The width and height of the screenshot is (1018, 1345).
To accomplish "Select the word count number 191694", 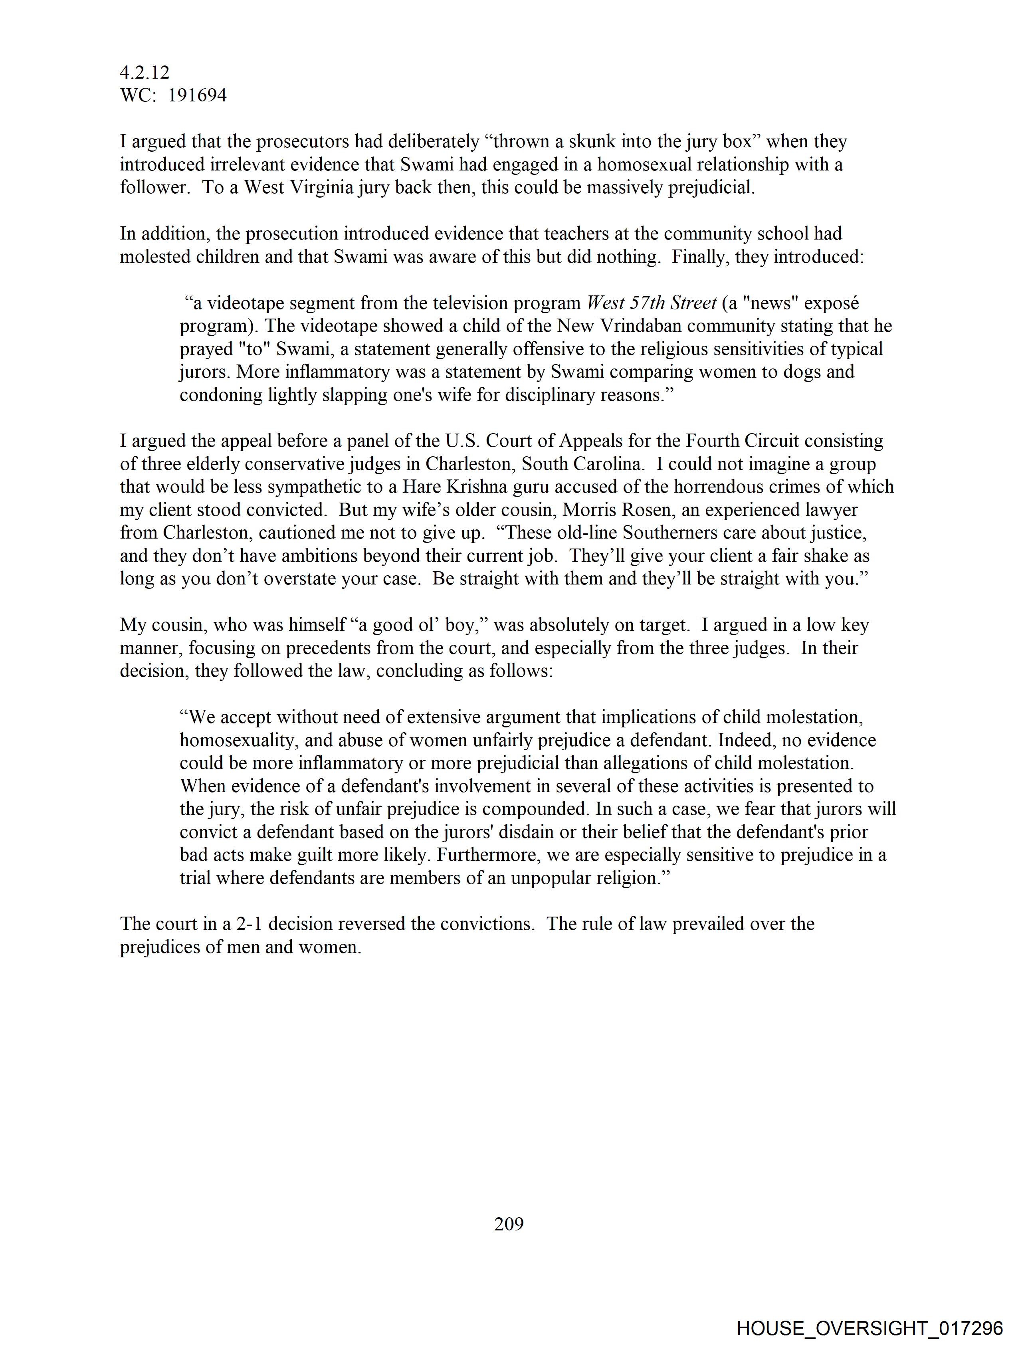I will point(197,95).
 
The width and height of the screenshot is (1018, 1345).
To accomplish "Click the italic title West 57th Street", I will point(651,303).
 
